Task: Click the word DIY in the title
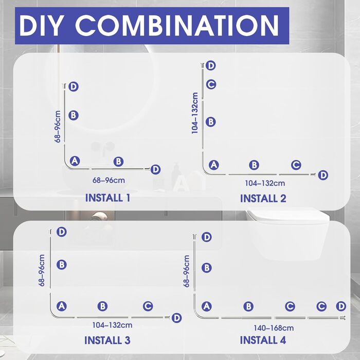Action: point(41,26)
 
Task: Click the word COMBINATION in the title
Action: point(177,26)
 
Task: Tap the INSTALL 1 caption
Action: point(107,197)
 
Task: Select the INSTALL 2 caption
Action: point(263,199)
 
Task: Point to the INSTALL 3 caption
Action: point(107,340)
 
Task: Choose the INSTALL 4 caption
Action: point(263,340)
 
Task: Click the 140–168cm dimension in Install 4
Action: point(274,328)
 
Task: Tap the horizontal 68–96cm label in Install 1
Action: point(109,180)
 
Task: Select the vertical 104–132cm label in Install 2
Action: point(195,113)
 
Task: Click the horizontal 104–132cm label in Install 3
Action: point(112,325)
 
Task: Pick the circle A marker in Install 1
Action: point(75,161)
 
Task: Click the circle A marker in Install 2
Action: point(214,165)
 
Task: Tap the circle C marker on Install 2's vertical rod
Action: point(211,84)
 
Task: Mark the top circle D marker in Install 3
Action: point(62,232)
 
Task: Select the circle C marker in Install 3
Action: point(148,306)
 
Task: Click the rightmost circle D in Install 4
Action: point(341,306)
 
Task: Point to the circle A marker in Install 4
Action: point(206,307)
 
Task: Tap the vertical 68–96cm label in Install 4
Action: point(186,271)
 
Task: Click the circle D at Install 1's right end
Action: point(155,169)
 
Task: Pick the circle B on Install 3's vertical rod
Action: point(62,264)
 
